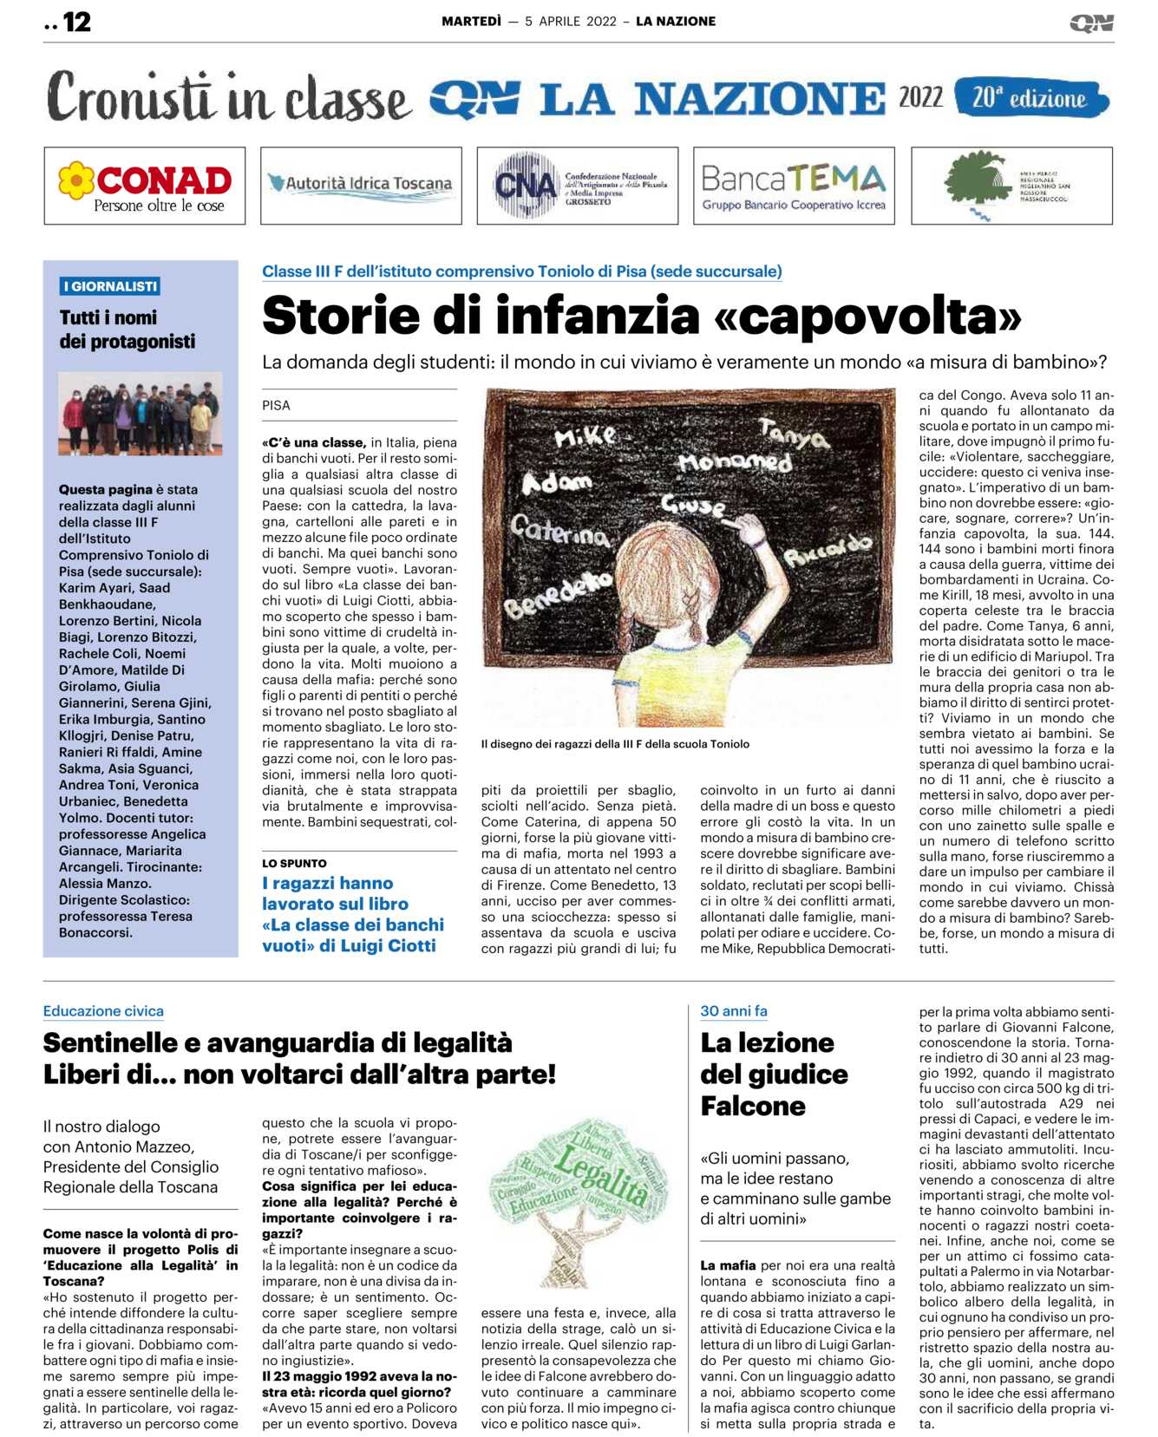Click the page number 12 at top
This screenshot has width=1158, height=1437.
coord(76,22)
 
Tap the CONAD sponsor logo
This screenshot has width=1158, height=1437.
coord(145,186)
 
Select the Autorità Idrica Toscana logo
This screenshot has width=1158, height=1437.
coord(361,185)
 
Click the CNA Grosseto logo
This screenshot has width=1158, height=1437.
coord(577,186)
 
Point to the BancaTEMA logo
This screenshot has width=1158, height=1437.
coord(794,186)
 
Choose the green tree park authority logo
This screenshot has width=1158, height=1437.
coord(1011,186)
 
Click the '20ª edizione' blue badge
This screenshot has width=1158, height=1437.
coord(1030,98)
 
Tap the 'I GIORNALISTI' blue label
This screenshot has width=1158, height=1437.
coord(110,286)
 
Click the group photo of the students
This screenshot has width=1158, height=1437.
coord(141,414)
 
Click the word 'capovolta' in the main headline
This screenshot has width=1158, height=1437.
coord(867,316)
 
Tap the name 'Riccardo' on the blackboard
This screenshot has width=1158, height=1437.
coord(828,550)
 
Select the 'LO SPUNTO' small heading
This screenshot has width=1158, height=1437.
coord(295,864)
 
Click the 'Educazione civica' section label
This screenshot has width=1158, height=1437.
coord(103,1011)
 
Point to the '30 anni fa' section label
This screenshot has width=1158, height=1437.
coord(734,1011)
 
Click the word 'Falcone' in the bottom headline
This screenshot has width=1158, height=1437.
coord(753,1107)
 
